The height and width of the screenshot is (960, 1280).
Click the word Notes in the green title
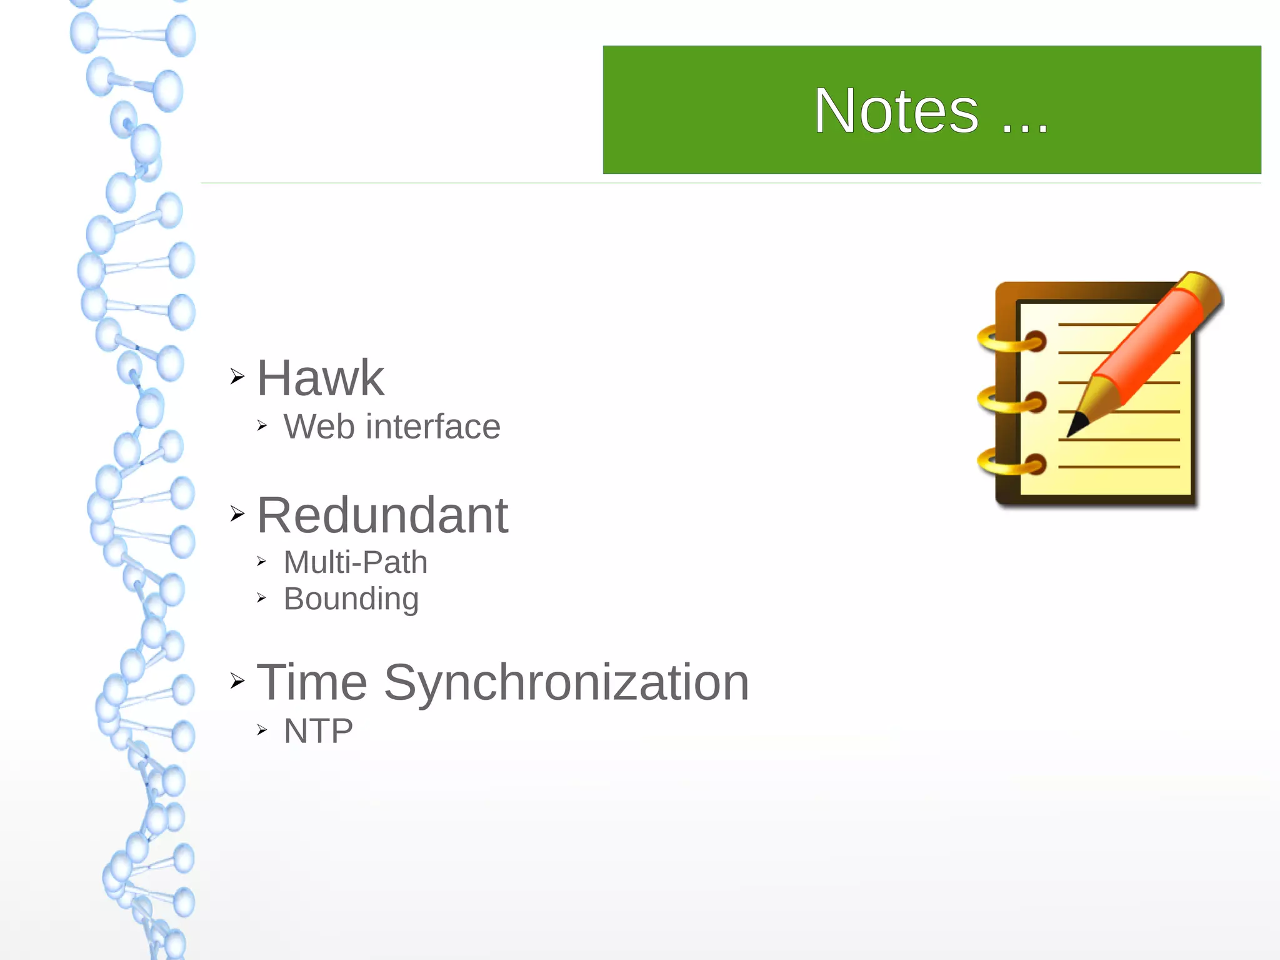tap(896, 111)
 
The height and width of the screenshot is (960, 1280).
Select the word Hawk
tap(321, 378)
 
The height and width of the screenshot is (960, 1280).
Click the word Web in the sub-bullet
tap(321, 427)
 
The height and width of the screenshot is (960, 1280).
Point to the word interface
tap(433, 427)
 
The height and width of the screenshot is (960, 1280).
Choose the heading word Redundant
tap(382, 515)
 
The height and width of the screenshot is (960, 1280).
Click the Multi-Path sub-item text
tap(356, 562)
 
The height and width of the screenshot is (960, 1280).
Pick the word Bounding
tap(351, 599)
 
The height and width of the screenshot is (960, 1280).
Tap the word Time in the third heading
tap(312, 682)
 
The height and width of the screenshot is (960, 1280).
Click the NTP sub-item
tap(319, 730)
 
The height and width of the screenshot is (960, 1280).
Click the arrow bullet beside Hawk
tap(237, 376)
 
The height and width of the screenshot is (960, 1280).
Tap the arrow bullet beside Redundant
tap(237, 513)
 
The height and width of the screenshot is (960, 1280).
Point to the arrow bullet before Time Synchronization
tap(237, 680)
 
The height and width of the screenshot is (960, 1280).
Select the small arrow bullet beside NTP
tap(262, 730)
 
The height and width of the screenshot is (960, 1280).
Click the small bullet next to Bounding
tap(262, 599)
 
